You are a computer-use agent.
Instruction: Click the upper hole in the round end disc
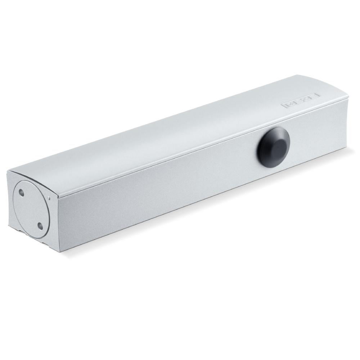(x=21, y=193)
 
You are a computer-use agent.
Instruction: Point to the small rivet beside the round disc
(x=49, y=197)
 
